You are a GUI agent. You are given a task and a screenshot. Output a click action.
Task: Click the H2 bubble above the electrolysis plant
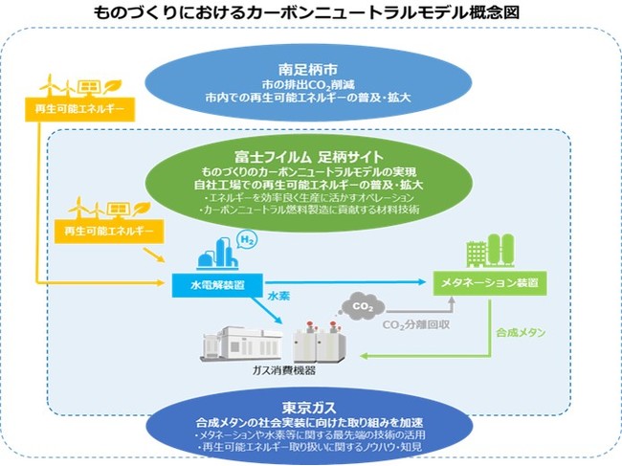[x=246, y=239]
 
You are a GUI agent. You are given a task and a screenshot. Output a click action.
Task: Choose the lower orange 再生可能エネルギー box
[x=109, y=232]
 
